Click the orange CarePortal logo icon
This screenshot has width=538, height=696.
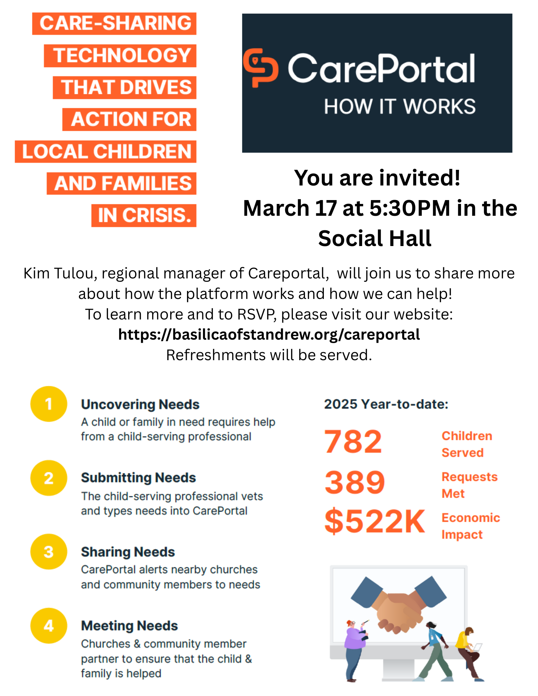(260, 68)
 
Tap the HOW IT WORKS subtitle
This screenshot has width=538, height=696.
(399, 106)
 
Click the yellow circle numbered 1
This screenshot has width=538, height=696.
(49, 404)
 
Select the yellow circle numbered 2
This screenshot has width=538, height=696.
(49, 478)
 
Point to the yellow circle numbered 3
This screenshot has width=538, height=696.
(49, 552)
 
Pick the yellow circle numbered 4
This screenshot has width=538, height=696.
(49, 626)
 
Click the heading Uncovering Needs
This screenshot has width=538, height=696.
(140, 404)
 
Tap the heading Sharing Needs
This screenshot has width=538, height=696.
(128, 552)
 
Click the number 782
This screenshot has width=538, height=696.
(353, 442)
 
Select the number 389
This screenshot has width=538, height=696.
(354, 482)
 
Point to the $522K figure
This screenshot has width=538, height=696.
(375, 521)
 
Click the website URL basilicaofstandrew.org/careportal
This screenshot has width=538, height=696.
(269, 334)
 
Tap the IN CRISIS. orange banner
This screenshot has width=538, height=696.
(144, 215)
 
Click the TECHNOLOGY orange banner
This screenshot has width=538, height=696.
(120, 56)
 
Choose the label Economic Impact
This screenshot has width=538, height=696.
(470, 526)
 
